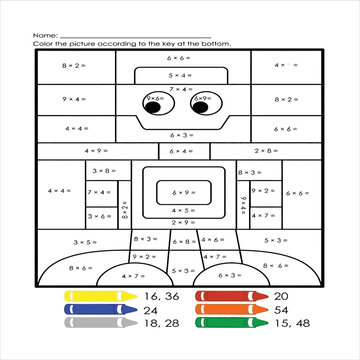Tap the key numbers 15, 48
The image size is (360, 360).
click(x=287, y=323)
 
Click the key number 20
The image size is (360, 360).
click(x=280, y=297)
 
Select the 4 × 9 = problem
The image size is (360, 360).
click(x=96, y=151)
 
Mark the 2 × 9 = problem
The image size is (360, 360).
click(x=142, y=257)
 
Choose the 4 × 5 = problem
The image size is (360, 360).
click(x=181, y=210)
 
